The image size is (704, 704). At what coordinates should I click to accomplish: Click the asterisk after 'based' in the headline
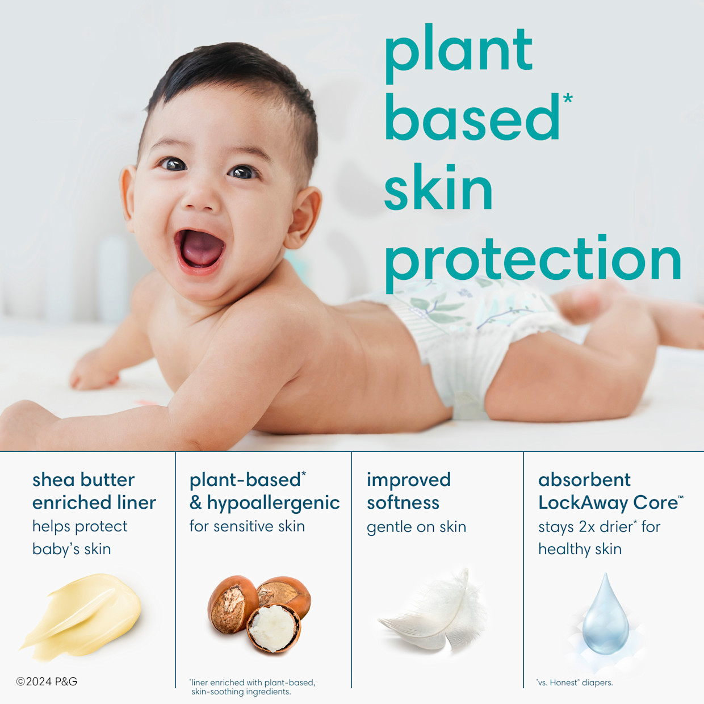(x=567, y=100)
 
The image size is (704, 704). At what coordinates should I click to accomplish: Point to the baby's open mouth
(x=200, y=249)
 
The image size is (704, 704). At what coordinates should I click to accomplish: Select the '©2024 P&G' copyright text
(x=47, y=681)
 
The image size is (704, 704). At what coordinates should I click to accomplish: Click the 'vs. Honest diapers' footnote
(x=575, y=682)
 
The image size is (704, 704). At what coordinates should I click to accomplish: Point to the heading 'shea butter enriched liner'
(x=94, y=491)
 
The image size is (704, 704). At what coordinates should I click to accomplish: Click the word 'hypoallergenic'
(x=273, y=503)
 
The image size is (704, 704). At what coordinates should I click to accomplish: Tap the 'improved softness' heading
(x=408, y=491)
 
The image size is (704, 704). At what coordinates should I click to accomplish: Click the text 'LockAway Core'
(x=607, y=503)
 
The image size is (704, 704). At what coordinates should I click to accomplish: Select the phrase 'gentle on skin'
(x=416, y=527)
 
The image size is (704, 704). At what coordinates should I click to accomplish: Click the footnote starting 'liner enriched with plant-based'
(x=253, y=687)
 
